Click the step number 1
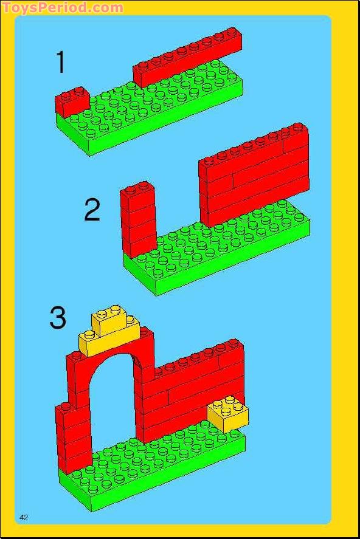click(x=60, y=63)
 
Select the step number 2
click(x=92, y=210)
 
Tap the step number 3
click(x=58, y=318)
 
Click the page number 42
click(x=24, y=517)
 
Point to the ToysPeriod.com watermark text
click(x=63, y=8)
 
